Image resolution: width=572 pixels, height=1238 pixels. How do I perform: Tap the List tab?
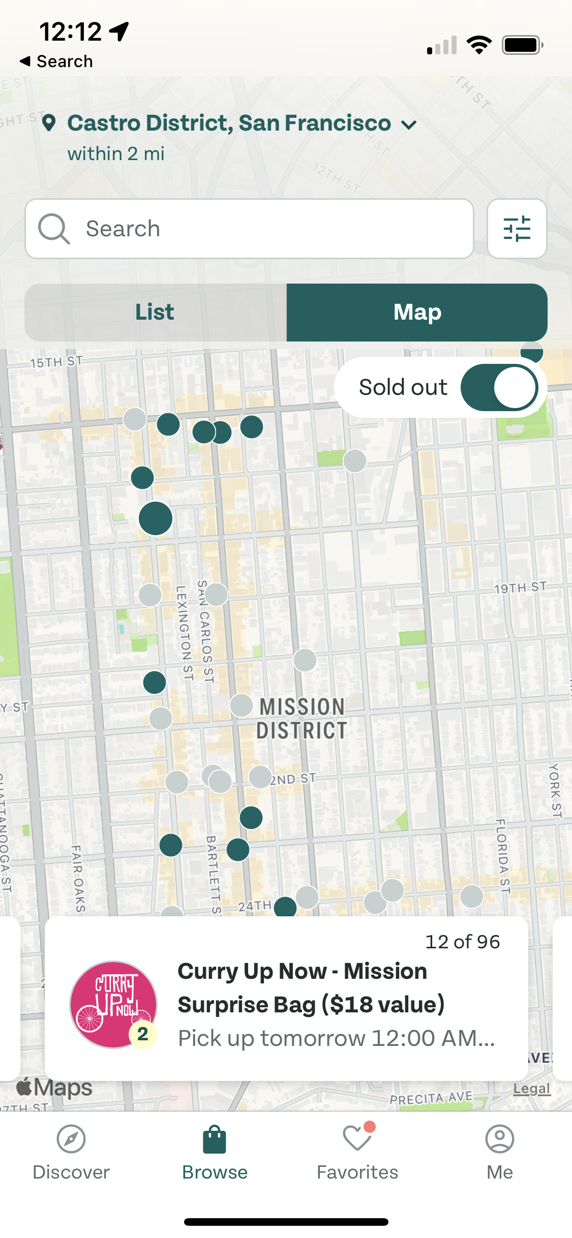click(155, 312)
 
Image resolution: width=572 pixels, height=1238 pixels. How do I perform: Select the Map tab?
click(417, 312)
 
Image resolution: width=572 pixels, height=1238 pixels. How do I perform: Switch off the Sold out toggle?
click(499, 388)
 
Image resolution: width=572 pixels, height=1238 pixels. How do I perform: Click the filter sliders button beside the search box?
click(517, 229)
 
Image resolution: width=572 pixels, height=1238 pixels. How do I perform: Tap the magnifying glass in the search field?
click(53, 229)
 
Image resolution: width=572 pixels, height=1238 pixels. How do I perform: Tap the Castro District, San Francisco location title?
click(229, 123)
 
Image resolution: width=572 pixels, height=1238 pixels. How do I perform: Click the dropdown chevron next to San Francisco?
click(409, 125)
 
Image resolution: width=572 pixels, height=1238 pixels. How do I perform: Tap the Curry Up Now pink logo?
click(113, 1004)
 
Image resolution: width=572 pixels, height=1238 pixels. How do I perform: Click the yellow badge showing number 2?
click(143, 1033)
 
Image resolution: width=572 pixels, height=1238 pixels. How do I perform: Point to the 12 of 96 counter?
click(462, 942)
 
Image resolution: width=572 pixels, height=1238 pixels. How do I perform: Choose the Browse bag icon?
click(215, 1140)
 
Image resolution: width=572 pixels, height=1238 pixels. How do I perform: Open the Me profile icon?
click(499, 1139)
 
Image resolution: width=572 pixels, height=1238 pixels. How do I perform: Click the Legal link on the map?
click(531, 1089)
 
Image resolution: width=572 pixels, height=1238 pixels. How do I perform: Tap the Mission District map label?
click(302, 719)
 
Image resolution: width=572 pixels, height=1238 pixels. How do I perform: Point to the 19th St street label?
click(520, 587)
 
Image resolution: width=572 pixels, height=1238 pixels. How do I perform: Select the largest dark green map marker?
click(156, 518)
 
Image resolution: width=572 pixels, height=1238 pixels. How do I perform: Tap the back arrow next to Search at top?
click(25, 61)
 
